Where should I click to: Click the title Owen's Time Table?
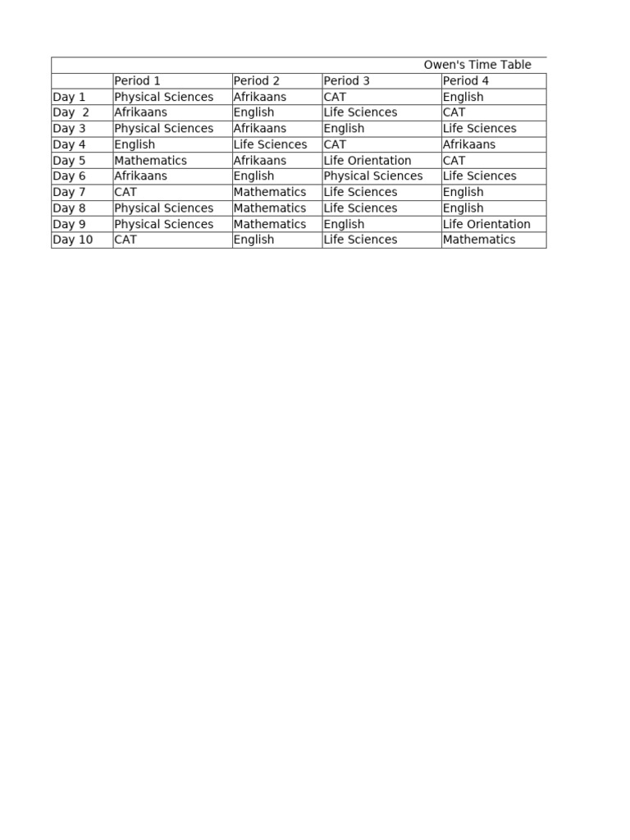[477, 65]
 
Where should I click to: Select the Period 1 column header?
[137, 80]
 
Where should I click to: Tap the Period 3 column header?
[347, 80]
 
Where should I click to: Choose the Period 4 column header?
[466, 80]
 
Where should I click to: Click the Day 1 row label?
[69, 97]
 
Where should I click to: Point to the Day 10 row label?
[72, 240]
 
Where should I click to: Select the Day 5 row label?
[69, 161]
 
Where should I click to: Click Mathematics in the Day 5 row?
[150, 161]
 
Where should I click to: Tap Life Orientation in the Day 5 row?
[367, 161]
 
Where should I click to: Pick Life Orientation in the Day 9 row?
[486, 224]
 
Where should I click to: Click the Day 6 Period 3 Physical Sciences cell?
[373, 176]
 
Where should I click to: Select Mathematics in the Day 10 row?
[479, 240]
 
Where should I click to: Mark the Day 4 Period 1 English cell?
[135, 144]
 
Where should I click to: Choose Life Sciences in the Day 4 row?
[270, 144]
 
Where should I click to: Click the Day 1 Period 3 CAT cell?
[335, 97]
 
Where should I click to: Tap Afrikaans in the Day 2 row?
[140, 112]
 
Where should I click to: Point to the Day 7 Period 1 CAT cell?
[126, 192]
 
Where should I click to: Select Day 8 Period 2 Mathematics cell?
[269, 208]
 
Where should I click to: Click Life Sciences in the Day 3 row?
[479, 128]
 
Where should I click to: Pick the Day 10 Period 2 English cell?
[253, 240]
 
